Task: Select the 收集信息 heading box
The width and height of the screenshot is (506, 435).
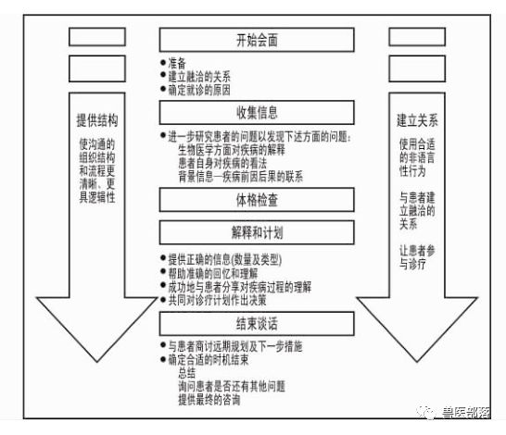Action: (257, 112)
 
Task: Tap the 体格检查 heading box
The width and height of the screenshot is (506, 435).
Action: (257, 199)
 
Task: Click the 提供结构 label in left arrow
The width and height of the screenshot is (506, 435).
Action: (97, 121)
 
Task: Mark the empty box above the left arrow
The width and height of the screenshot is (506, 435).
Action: (97, 39)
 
